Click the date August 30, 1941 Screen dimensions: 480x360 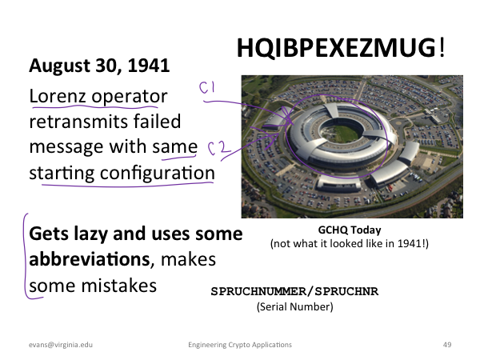coord(99,66)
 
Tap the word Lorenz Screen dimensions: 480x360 coord(57,96)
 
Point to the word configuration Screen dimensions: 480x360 coord(158,174)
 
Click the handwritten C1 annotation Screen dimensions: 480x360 coord(207,87)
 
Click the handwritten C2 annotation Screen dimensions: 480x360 coord(219,147)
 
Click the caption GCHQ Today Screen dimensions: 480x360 coord(350,230)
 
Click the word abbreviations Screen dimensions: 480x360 coord(90,259)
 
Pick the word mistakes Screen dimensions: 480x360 coord(119,286)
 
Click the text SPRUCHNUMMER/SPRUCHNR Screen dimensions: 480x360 coord(294,291)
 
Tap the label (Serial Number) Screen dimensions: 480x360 coord(294,306)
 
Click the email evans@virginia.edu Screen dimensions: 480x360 coord(61,345)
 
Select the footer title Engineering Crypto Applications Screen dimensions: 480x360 coord(240,345)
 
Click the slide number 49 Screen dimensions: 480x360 coord(447,345)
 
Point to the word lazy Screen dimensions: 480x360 coord(91,234)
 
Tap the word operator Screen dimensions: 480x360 coord(130,97)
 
